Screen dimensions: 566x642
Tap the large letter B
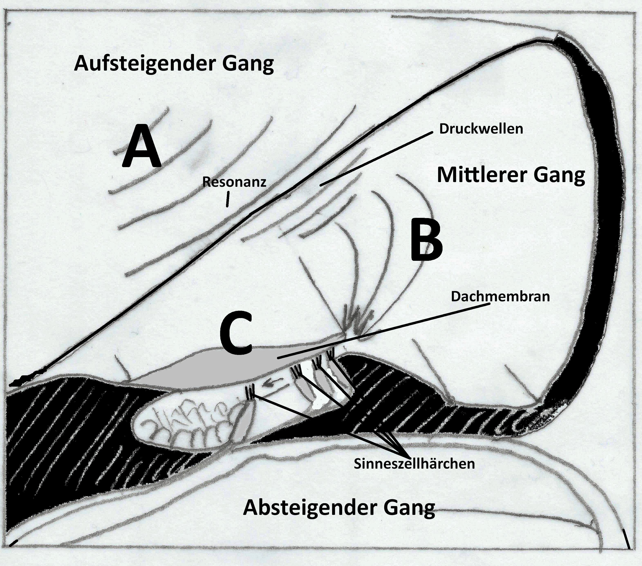[427, 240]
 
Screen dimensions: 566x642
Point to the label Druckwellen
[481, 129]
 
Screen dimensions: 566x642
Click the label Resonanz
[234, 182]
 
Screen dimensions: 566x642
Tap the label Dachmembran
[500, 297]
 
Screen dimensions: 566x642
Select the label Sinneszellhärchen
[414, 464]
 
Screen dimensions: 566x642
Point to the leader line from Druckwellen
[377, 159]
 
